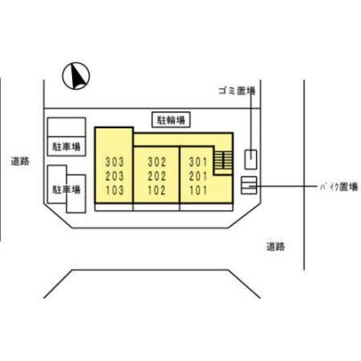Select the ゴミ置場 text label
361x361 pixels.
(237, 90)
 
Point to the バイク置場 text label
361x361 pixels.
(339, 187)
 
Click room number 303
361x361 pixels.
(114, 162)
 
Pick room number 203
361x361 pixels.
(114, 176)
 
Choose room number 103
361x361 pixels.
(114, 191)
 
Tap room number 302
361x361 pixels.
(157, 162)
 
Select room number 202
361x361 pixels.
(157, 176)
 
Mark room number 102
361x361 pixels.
(157, 191)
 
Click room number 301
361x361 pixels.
(198, 162)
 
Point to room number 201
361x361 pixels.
(198, 176)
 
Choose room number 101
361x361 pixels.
(198, 191)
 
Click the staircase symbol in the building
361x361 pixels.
(223, 160)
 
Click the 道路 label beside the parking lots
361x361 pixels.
(21, 161)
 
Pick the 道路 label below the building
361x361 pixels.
(275, 246)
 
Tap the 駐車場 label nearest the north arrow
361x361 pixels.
(67, 146)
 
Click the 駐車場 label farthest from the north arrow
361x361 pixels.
(67, 189)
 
